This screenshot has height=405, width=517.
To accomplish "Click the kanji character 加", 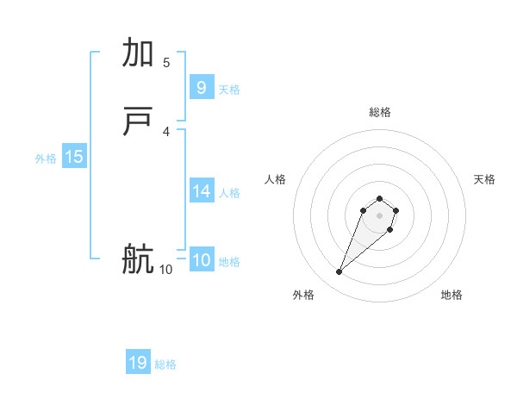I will (x=139, y=53).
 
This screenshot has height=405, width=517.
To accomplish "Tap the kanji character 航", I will (x=139, y=259).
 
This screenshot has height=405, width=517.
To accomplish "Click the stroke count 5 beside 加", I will (x=166, y=62).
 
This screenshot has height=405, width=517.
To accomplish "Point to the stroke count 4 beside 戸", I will (x=166, y=131).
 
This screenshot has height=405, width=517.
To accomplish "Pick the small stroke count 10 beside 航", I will (x=165, y=269).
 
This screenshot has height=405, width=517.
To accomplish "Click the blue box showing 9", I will (x=201, y=88).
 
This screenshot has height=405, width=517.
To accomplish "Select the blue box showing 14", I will (x=201, y=191).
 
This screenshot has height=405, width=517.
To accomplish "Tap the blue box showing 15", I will (x=74, y=157).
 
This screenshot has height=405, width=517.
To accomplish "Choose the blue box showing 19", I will (x=138, y=363).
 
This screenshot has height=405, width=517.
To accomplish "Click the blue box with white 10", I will (x=201, y=260).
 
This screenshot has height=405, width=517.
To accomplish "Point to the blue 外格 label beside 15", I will (x=46, y=158).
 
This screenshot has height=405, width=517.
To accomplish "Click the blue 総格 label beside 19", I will (x=165, y=364).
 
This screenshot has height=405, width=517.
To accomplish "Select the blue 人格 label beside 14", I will (x=230, y=193).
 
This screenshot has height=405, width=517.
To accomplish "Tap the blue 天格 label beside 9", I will (x=229, y=89).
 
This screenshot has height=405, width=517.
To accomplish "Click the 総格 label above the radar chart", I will (x=380, y=112).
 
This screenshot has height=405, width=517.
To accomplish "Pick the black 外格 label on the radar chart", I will (x=303, y=295).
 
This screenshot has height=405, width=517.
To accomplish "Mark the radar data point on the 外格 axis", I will (x=339, y=272).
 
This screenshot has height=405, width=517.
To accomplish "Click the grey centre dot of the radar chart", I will (x=380, y=215).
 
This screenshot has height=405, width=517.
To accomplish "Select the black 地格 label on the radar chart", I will (x=452, y=295).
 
